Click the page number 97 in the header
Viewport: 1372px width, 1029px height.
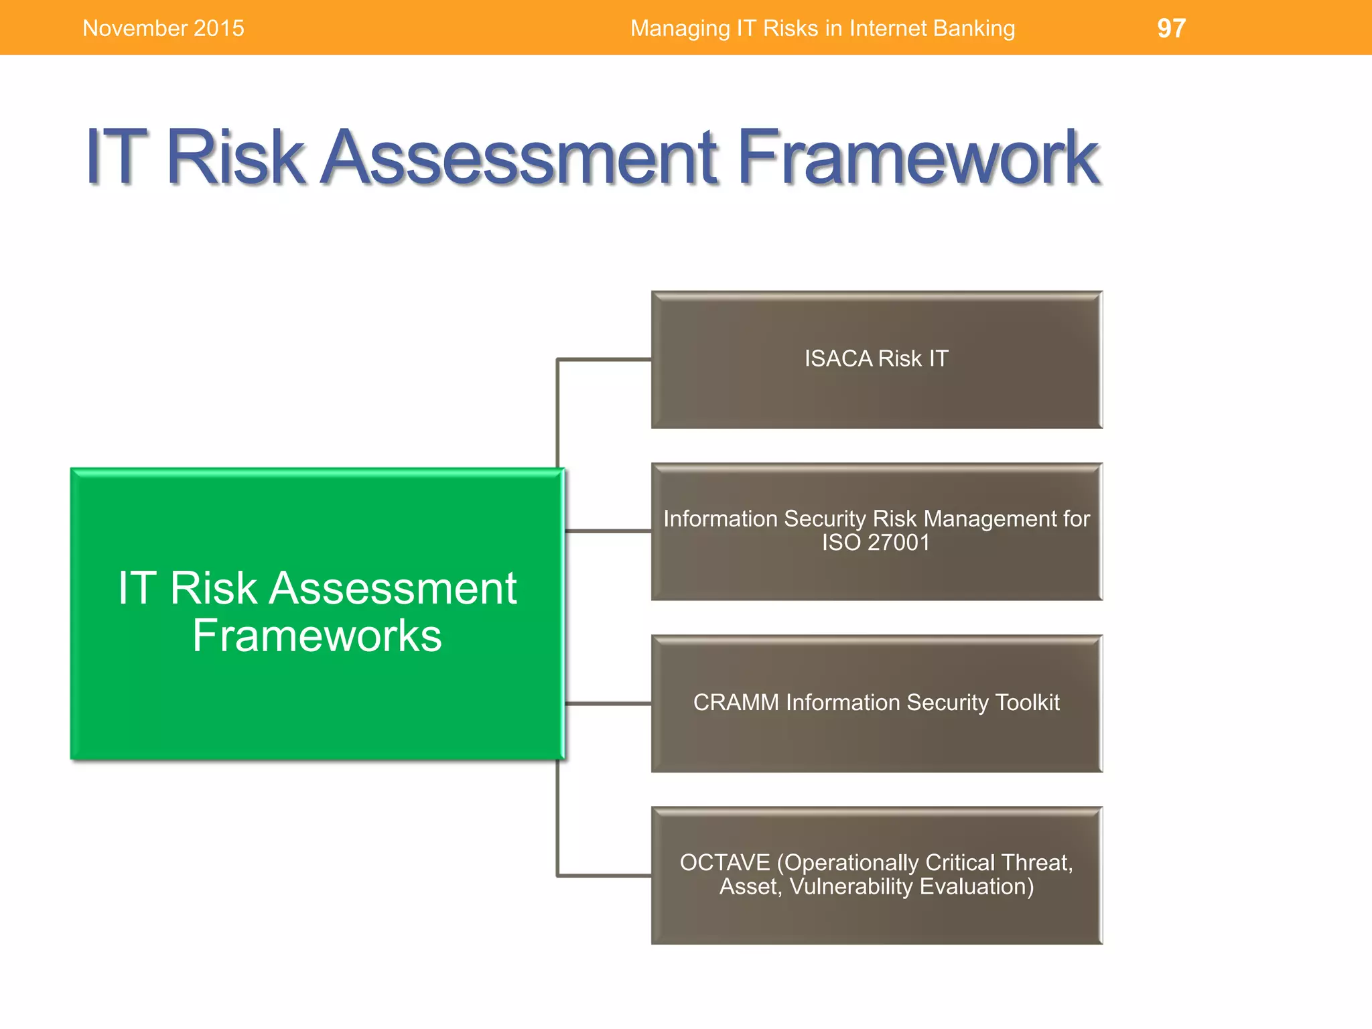1171,28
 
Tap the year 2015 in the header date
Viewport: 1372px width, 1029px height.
218,28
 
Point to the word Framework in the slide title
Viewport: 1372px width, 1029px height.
918,157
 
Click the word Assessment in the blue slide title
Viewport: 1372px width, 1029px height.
520,157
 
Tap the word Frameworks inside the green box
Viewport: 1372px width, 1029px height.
317,635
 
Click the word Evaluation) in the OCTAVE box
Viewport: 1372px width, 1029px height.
977,887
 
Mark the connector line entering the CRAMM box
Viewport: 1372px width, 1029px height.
607,703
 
